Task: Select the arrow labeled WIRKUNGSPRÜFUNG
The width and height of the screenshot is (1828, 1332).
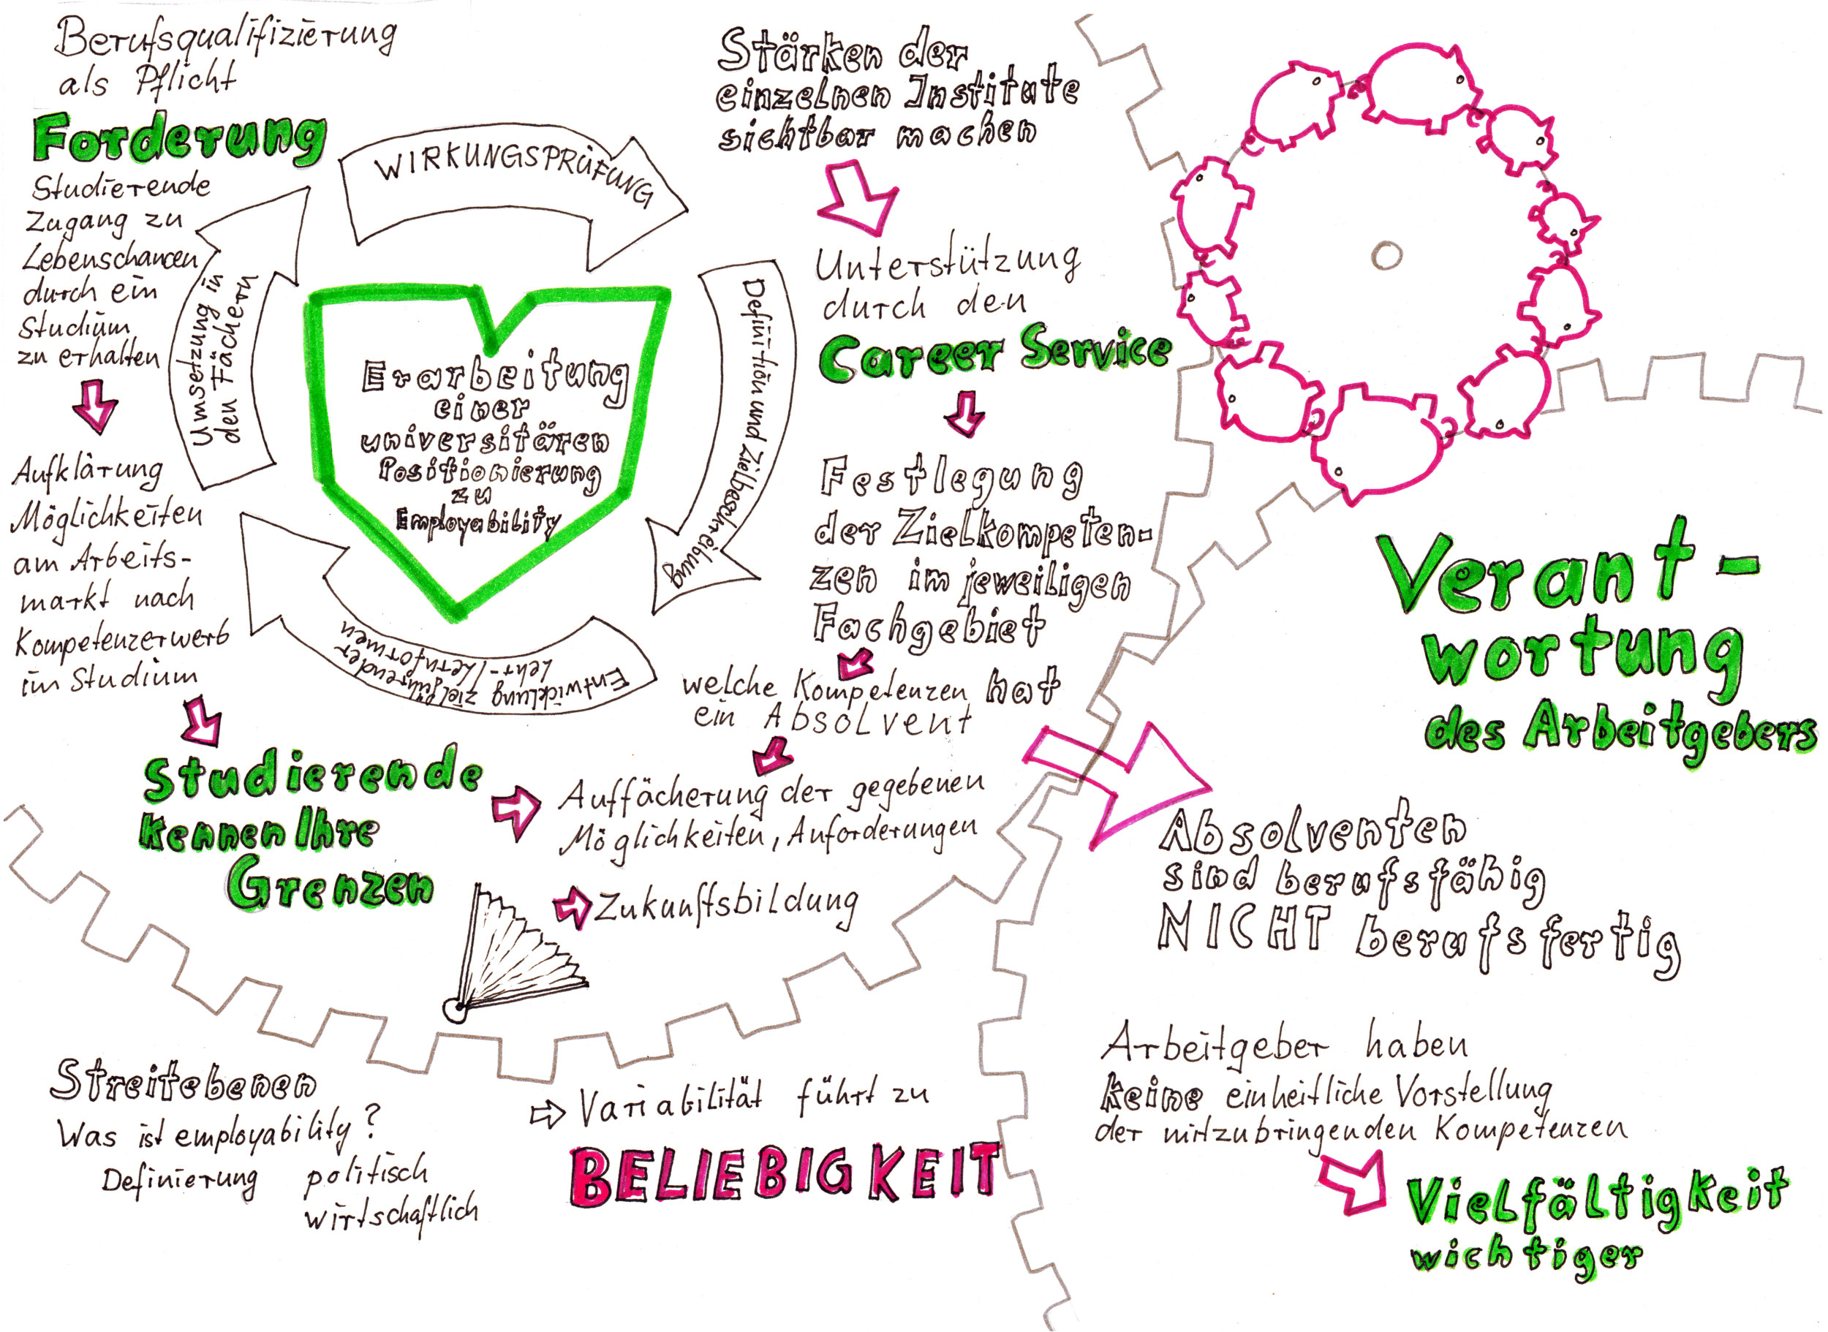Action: point(513,194)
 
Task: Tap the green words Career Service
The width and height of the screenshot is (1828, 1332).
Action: point(994,355)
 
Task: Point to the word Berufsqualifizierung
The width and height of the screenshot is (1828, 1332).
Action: point(226,37)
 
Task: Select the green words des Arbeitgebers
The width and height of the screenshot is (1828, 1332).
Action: point(1621,731)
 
